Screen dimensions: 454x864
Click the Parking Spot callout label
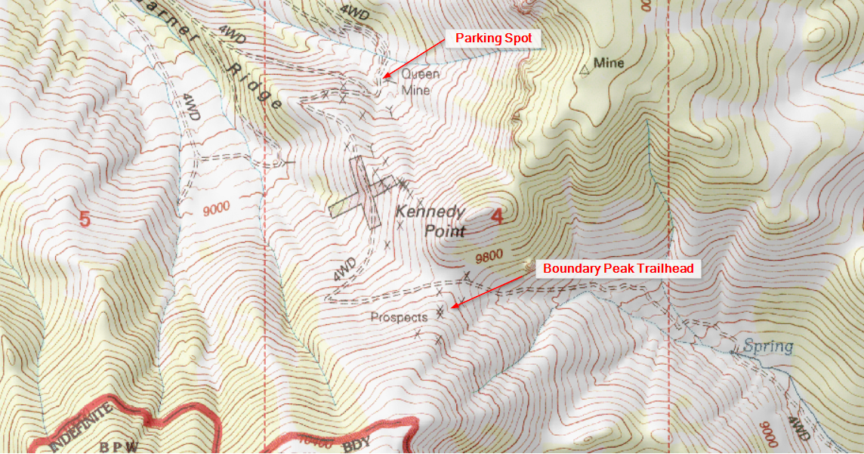click(493, 38)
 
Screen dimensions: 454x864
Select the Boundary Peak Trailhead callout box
click(618, 268)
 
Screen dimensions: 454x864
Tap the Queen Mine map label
click(415, 82)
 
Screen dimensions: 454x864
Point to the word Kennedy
click(430, 213)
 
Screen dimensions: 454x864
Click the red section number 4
click(496, 217)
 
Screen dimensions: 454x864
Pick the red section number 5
click(85, 219)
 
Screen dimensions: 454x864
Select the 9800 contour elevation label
click(489, 258)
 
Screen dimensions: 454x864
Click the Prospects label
click(399, 317)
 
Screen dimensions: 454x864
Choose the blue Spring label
click(768, 347)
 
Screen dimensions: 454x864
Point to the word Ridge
click(257, 85)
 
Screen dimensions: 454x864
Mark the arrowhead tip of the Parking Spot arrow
click(384, 77)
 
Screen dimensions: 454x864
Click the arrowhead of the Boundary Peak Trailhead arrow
click(452, 308)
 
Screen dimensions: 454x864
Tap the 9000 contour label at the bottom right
click(767, 434)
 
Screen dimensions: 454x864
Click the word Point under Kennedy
click(444, 231)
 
